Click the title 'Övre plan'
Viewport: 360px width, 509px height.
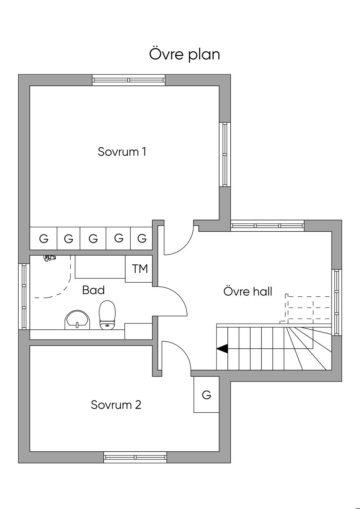(184, 54)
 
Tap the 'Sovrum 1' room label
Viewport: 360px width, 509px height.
(122, 152)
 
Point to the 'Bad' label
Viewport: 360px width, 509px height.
(94, 290)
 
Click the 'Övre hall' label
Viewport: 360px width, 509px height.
(248, 291)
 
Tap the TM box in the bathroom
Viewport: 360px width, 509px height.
(139, 269)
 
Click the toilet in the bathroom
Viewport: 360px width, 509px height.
(107, 315)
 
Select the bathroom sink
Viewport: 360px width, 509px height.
(77, 320)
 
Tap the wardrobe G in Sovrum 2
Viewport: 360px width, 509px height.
(206, 395)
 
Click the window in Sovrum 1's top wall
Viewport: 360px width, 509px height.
(129, 80)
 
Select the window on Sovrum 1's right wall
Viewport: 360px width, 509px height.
(225, 155)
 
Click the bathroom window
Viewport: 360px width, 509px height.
(24, 297)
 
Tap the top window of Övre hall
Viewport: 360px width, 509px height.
(268, 226)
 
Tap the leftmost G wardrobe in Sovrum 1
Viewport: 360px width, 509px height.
(43, 239)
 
